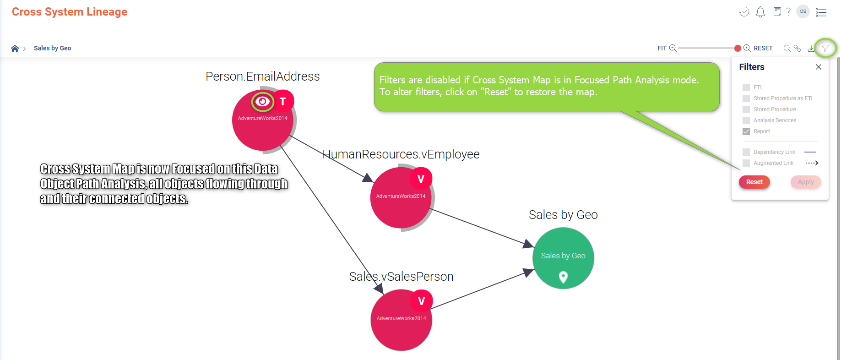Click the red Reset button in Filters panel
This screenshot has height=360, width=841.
754,182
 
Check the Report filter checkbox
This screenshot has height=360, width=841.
746,131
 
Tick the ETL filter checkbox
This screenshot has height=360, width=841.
746,87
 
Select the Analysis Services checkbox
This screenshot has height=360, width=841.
746,120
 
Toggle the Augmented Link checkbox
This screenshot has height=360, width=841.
746,163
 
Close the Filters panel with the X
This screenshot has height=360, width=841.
819,67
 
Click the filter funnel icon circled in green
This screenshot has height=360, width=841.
825,48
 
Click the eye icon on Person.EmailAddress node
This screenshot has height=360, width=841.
262,101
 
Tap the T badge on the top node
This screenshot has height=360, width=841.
283,101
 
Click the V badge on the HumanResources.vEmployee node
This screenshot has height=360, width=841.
421,179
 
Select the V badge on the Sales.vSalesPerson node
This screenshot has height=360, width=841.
422,301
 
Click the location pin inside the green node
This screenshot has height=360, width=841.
563,277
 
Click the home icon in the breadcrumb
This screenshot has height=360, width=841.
15,48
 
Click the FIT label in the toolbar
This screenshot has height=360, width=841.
662,48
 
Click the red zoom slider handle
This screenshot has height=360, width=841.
737,48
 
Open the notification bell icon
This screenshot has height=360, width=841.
760,12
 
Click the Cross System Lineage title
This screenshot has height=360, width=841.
70,12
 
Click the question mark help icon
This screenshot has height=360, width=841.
788,12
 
